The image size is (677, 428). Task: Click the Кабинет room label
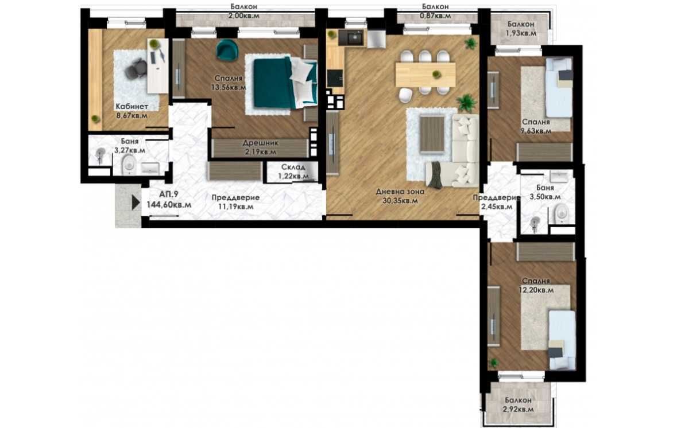[131, 107]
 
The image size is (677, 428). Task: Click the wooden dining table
[425, 75]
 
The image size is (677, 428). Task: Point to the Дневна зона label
[400, 192]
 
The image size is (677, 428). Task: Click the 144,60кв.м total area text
[169, 204]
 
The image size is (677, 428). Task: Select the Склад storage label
[293, 167]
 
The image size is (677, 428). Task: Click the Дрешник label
[260, 143]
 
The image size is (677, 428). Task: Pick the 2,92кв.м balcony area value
[519, 409]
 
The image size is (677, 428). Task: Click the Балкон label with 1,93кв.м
[521, 25]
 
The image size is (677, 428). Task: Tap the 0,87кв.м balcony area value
[436, 15]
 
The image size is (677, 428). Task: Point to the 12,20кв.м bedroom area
[536, 290]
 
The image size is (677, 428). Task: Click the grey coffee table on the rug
[432, 134]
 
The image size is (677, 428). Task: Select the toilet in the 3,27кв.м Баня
[129, 166]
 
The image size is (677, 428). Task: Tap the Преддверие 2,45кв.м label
[497, 202]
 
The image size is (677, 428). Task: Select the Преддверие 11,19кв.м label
[235, 202]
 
